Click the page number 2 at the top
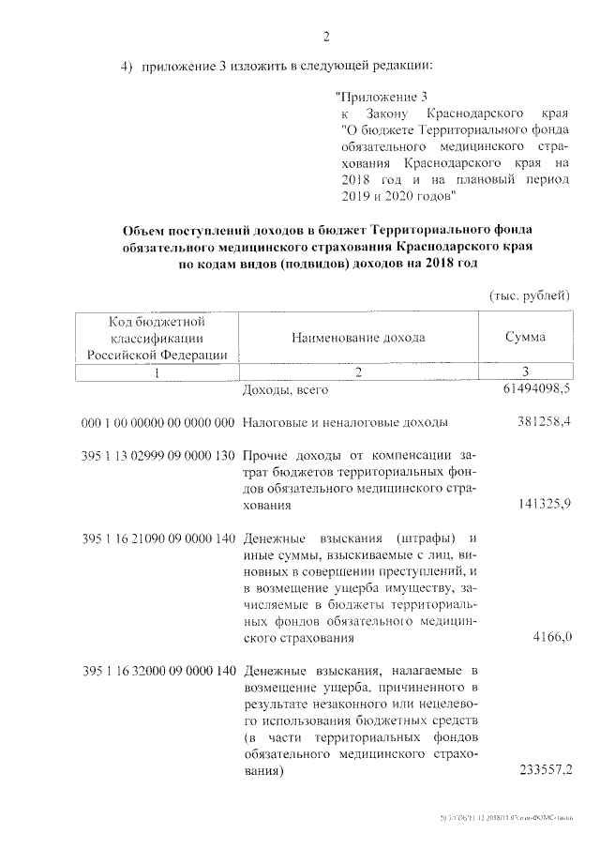click(x=326, y=38)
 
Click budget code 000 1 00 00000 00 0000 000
click(x=157, y=422)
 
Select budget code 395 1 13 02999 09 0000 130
click(x=157, y=455)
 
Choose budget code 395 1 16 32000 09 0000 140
click(x=157, y=672)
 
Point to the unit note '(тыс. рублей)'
click(x=530, y=296)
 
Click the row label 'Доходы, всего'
click(x=279, y=389)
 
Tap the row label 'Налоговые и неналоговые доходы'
click(x=344, y=422)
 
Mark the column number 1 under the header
click(x=157, y=372)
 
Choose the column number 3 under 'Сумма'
click(x=526, y=372)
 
